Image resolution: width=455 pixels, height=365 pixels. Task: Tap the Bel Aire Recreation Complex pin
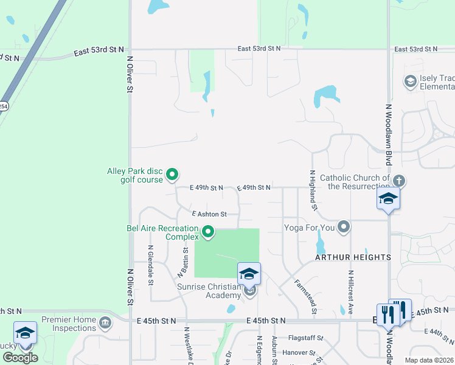click(209, 232)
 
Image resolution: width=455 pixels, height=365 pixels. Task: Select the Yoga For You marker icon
click(344, 228)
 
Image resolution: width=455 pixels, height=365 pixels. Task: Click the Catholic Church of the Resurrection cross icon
click(399, 181)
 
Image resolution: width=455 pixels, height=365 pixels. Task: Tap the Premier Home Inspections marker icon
click(106, 322)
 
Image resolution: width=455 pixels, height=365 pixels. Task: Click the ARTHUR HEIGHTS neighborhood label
click(353, 257)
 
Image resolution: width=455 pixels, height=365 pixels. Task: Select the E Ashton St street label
click(209, 214)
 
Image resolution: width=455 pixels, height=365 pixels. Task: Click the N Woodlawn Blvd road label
click(389, 134)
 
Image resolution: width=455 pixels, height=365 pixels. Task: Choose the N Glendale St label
click(150, 265)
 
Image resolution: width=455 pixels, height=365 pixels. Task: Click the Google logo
click(20, 357)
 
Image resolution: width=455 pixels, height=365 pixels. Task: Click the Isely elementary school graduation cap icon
click(411, 81)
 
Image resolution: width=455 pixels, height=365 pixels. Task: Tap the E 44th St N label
click(441, 333)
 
